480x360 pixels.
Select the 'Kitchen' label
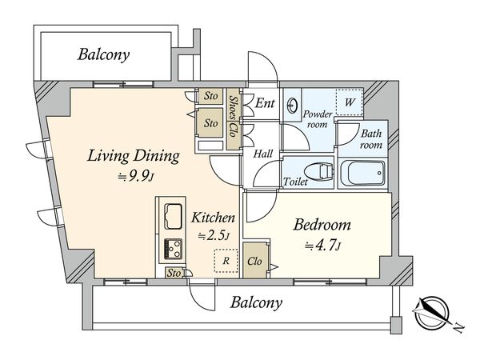(x=211, y=217)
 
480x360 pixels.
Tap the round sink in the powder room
(x=294, y=105)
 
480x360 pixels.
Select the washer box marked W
(x=349, y=102)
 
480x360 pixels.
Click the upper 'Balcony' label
(x=104, y=55)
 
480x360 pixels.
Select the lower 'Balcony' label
(x=257, y=302)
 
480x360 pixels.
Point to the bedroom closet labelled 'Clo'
(x=256, y=262)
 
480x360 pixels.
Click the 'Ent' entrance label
(x=266, y=103)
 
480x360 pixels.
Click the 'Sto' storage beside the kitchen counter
(x=174, y=273)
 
